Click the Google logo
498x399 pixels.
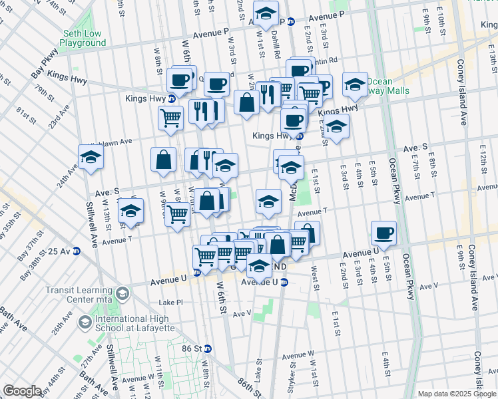click(x=23, y=391)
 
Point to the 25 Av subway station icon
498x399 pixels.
click(x=77, y=251)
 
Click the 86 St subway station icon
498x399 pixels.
click(x=208, y=348)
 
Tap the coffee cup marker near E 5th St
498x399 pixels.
click(x=383, y=233)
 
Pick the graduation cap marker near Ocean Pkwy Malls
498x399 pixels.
click(x=356, y=84)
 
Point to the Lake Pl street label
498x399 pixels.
click(x=170, y=302)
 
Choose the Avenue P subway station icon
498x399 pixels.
click(x=291, y=21)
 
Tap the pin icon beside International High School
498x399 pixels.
click(x=84, y=323)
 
